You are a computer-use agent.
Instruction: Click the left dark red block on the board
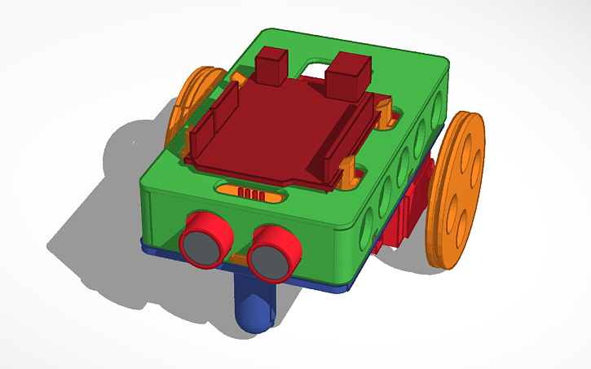tap(271, 65)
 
